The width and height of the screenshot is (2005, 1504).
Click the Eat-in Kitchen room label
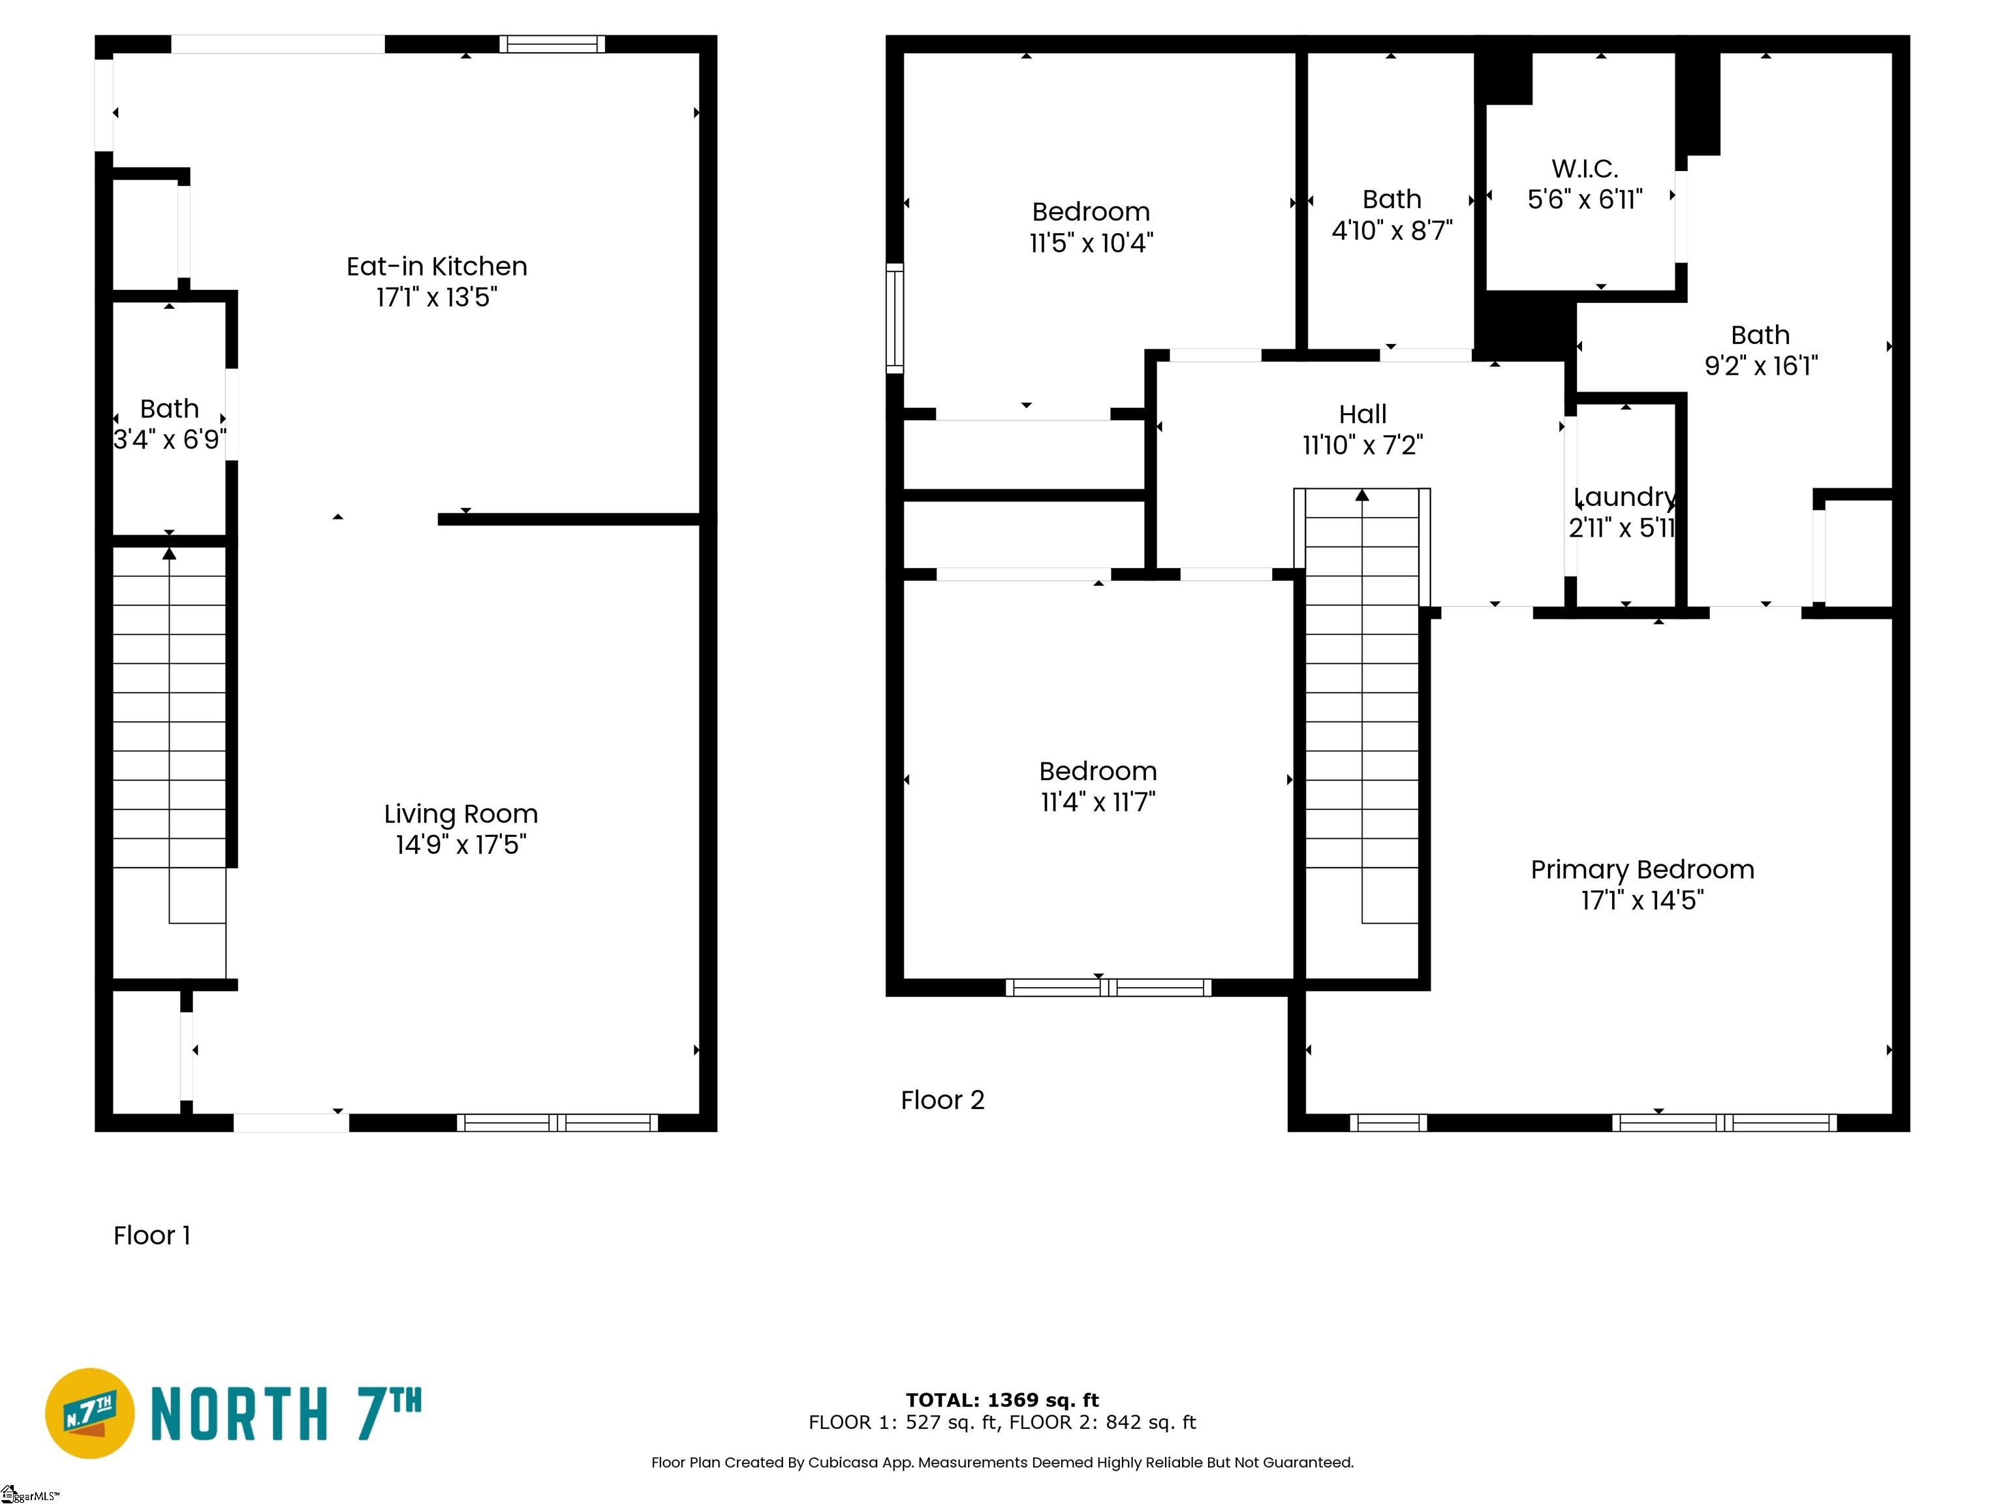pyautogui.click(x=437, y=266)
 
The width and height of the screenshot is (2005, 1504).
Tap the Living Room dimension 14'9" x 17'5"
pyautogui.click(x=461, y=845)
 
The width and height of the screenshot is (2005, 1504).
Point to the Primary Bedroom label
pyautogui.click(x=1642, y=870)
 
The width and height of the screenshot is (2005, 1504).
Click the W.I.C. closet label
pyautogui.click(x=1585, y=168)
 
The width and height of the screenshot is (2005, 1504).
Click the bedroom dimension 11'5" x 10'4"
pyautogui.click(x=1091, y=243)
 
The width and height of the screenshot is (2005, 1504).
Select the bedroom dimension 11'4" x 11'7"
pyautogui.click(x=1098, y=802)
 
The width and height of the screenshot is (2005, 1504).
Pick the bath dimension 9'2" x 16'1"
pyautogui.click(x=1760, y=366)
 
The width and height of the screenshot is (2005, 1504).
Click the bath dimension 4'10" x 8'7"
pyautogui.click(x=1391, y=230)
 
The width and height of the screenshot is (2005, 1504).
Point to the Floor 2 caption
pyautogui.click(x=942, y=1101)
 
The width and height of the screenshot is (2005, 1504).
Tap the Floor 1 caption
pyautogui.click(x=151, y=1236)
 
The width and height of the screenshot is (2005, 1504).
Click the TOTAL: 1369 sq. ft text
pyautogui.click(x=1002, y=1400)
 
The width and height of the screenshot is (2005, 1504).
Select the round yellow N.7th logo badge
pyautogui.click(x=89, y=1413)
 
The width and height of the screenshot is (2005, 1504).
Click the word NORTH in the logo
pyautogui.click(x=238, y=1415)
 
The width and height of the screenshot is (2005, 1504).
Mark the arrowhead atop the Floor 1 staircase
pyautogui.click(x=170, y=553)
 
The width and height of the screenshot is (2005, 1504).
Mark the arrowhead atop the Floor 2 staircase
pyautogui.click(x=1361, y=495)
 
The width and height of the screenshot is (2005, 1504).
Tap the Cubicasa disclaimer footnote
pyautogui.click(x=1002, y=1462)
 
